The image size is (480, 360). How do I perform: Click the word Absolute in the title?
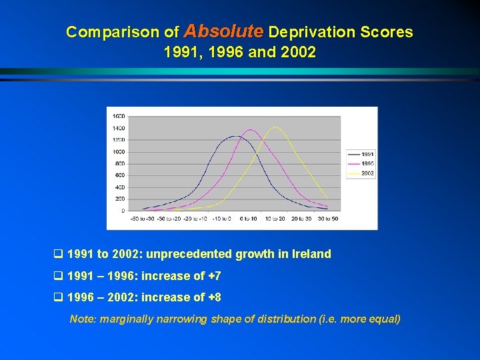click(223, 31)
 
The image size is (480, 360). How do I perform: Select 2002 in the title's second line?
click(298, 52)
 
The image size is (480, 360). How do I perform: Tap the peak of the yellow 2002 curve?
click(275, 127)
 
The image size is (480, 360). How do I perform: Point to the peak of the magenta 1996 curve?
click(250, 130)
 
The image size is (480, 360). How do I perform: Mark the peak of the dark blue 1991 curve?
click(234, 136)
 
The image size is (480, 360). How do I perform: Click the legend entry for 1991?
click(367, 154)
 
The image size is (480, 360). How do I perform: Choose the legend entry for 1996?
click(367, 163)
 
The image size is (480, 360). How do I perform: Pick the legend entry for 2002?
click(367, 173)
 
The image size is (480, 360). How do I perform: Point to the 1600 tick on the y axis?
click(118, 116)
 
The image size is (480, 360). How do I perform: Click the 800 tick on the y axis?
click(119, 163)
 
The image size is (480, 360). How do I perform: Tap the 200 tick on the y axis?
click(119, 199)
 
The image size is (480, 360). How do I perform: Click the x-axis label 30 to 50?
click(327, 219)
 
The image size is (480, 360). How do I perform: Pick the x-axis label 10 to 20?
click(274, 219)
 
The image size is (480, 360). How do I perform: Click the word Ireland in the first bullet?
click(311, 254)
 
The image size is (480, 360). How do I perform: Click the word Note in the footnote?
click(82, 319)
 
